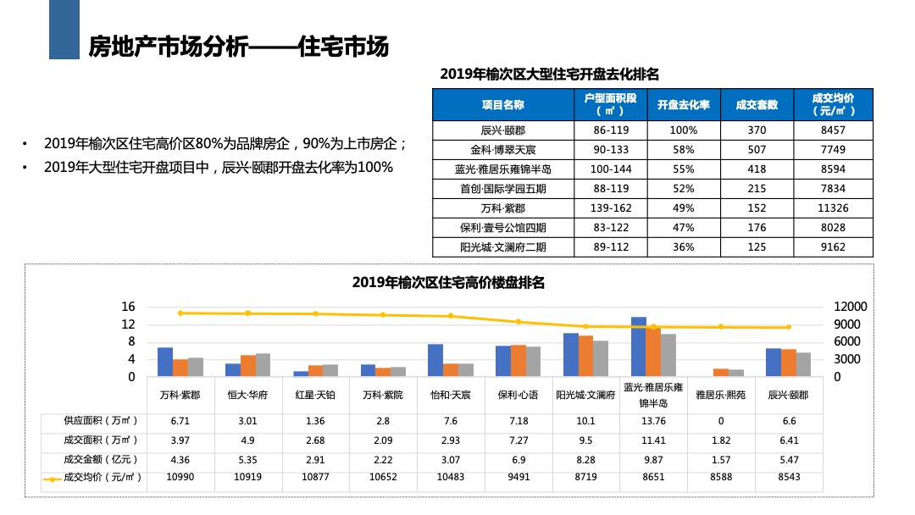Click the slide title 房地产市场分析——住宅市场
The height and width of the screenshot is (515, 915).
pos(238,47)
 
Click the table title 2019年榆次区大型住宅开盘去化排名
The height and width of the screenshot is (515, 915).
pos(550,75)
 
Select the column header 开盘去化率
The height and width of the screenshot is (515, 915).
pos(683,105)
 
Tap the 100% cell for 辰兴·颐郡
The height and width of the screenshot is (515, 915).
pos(683,130)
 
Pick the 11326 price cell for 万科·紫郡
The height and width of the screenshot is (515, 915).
pos(834,208)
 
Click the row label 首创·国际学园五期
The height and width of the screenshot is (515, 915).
pos(503,189)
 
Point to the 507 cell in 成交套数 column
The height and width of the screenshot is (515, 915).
pos(757,150)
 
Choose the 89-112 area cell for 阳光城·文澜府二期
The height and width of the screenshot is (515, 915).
pos(610,247)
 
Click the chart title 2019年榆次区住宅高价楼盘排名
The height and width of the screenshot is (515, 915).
pos(448,283)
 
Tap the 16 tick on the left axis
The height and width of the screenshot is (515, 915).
pos(128,307)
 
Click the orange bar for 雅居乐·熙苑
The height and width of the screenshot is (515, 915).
pos(721,373)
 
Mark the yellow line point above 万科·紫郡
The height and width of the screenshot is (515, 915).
pos(180,313)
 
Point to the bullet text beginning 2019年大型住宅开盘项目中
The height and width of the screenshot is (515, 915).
pos(219,168)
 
